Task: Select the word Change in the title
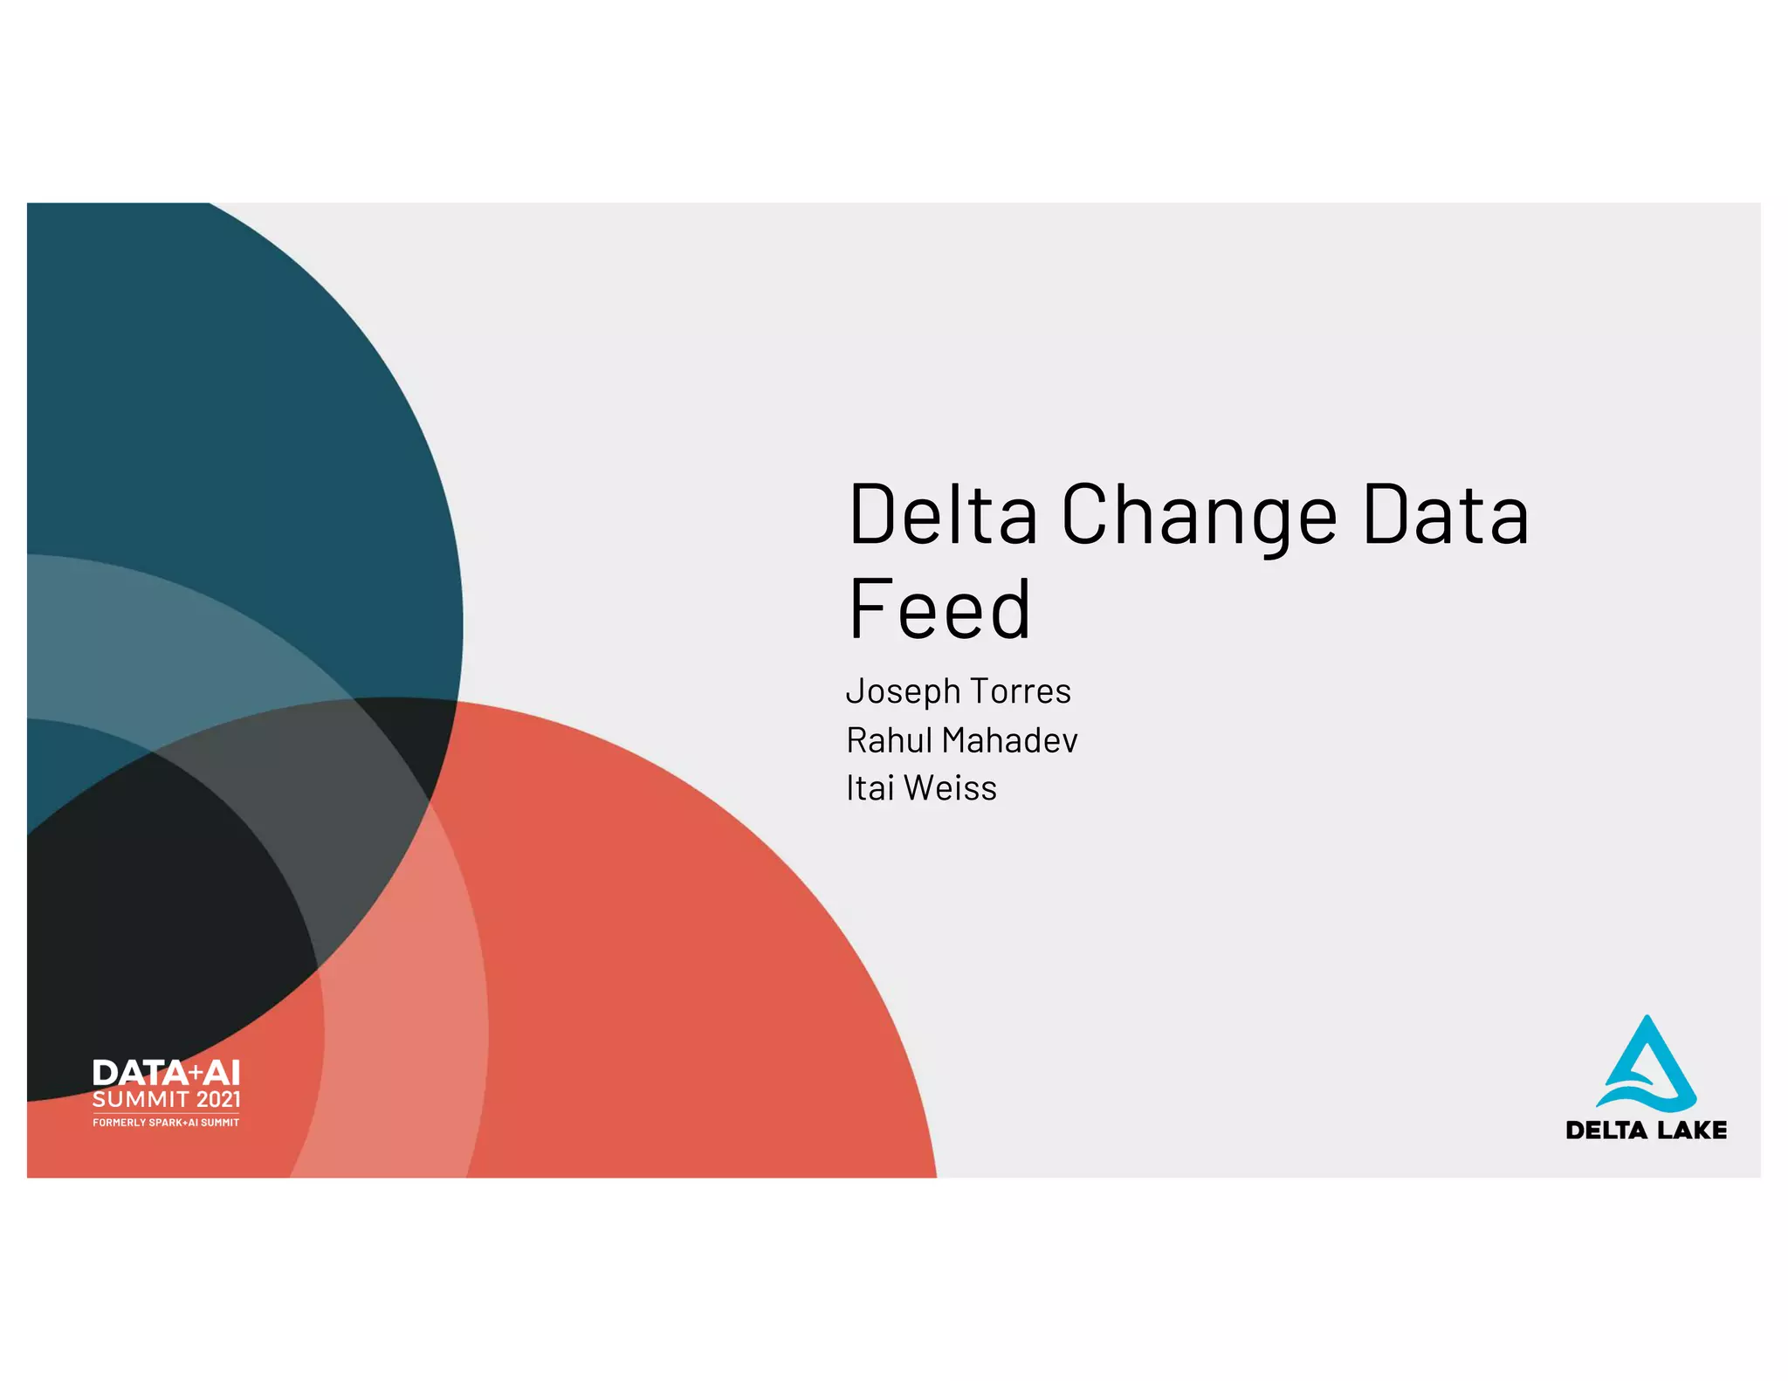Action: [1199, 517]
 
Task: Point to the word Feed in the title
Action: [939, 609]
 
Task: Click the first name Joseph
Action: [904, 692]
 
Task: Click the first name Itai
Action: [870, 788]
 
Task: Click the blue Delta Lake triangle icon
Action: [1646, 1065]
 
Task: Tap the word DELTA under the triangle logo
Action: [1606, 1130]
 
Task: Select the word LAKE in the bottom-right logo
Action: [1692, 1130]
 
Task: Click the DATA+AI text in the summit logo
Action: [166, 1073]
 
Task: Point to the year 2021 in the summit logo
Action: [218, 1099]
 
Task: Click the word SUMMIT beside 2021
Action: [141, 1099]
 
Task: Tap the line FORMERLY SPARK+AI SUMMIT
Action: [166, 1123]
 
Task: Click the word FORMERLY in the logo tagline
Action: [120, 1123]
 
